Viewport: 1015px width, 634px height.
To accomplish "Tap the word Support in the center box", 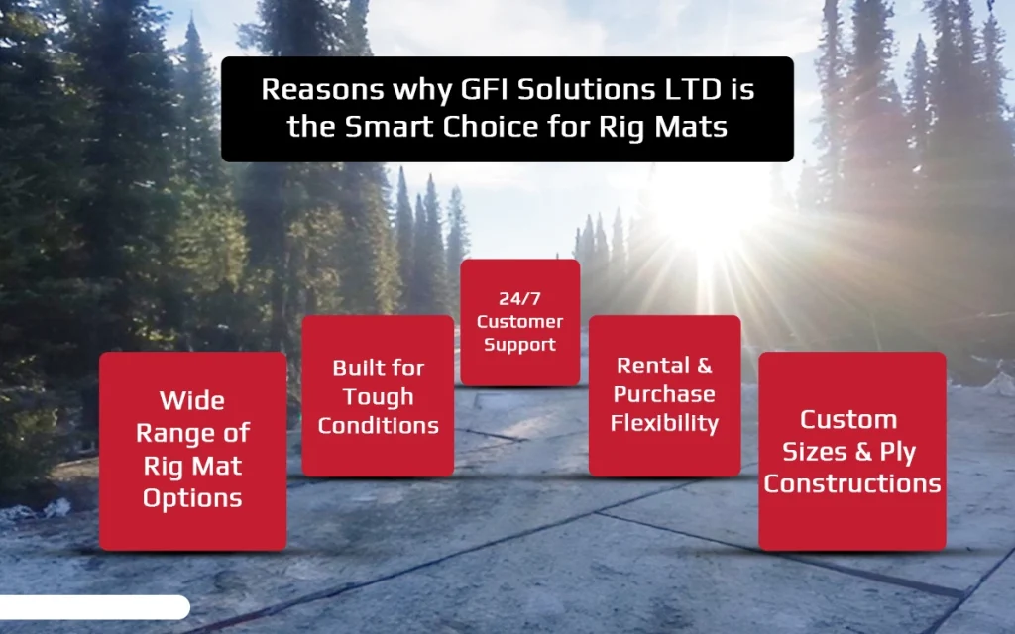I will coord(519,345).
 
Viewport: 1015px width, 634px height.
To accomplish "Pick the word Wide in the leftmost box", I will coord(192,401).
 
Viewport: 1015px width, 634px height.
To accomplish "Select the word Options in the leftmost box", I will coord(192,497).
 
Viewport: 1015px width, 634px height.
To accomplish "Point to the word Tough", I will coord(378,397).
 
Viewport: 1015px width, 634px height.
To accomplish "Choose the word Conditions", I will coord(378,426).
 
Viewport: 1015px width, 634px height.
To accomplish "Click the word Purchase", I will coord(664,394).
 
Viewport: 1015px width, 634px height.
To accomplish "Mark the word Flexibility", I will coord(664,423).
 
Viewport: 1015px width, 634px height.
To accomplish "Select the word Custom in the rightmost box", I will coord(848,420).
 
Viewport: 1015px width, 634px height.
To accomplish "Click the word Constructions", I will coord(852,483).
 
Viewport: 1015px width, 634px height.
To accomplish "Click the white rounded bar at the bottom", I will coord(93,607).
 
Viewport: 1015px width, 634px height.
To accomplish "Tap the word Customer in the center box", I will coord(519,322).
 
